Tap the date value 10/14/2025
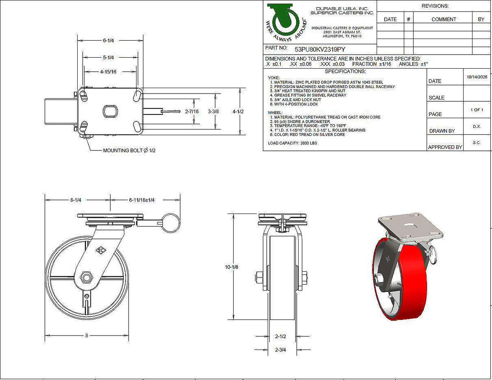477,77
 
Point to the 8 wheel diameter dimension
87,336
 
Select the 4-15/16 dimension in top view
108,72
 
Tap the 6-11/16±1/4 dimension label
142,200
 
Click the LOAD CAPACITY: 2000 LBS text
292,143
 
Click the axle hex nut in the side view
87,278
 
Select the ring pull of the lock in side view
171,222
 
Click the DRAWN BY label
442,131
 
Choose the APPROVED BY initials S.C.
477,143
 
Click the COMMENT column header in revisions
444,19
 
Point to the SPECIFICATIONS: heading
345,71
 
